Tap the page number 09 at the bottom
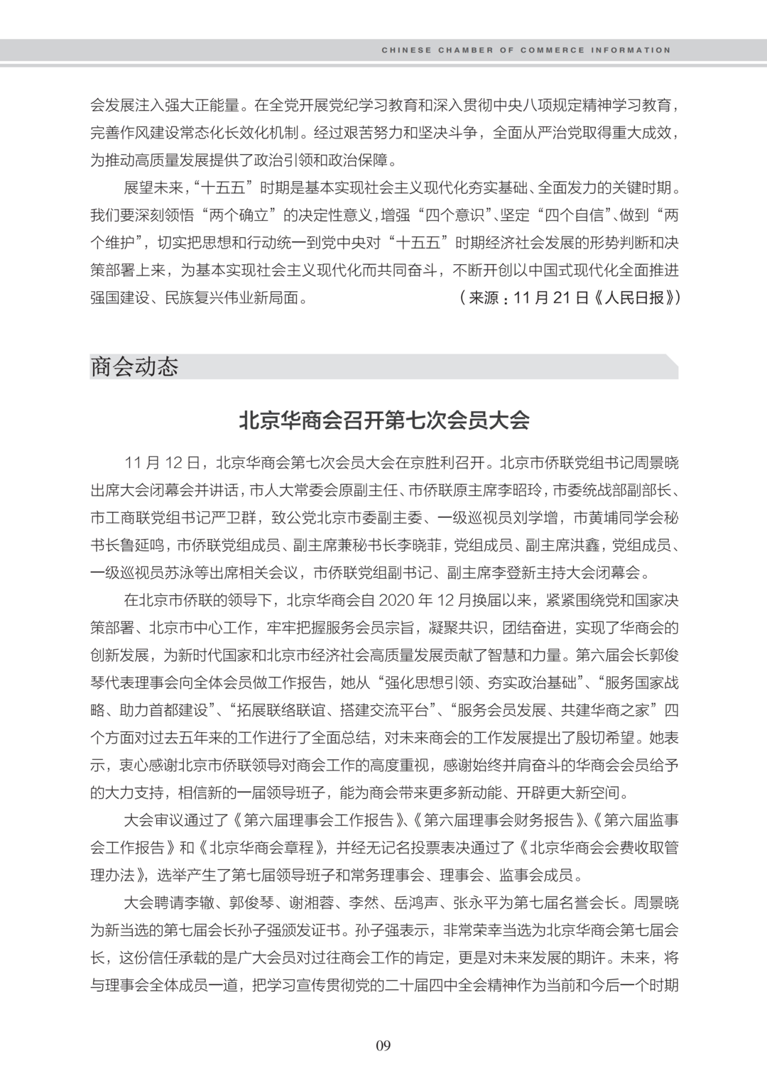click(383, 1045)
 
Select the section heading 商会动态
click(134, 366)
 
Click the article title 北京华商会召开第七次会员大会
click(383, 420)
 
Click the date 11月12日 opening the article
click(163, 463)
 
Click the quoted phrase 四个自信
click(576, 215)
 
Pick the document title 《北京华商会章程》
click(261, 848)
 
